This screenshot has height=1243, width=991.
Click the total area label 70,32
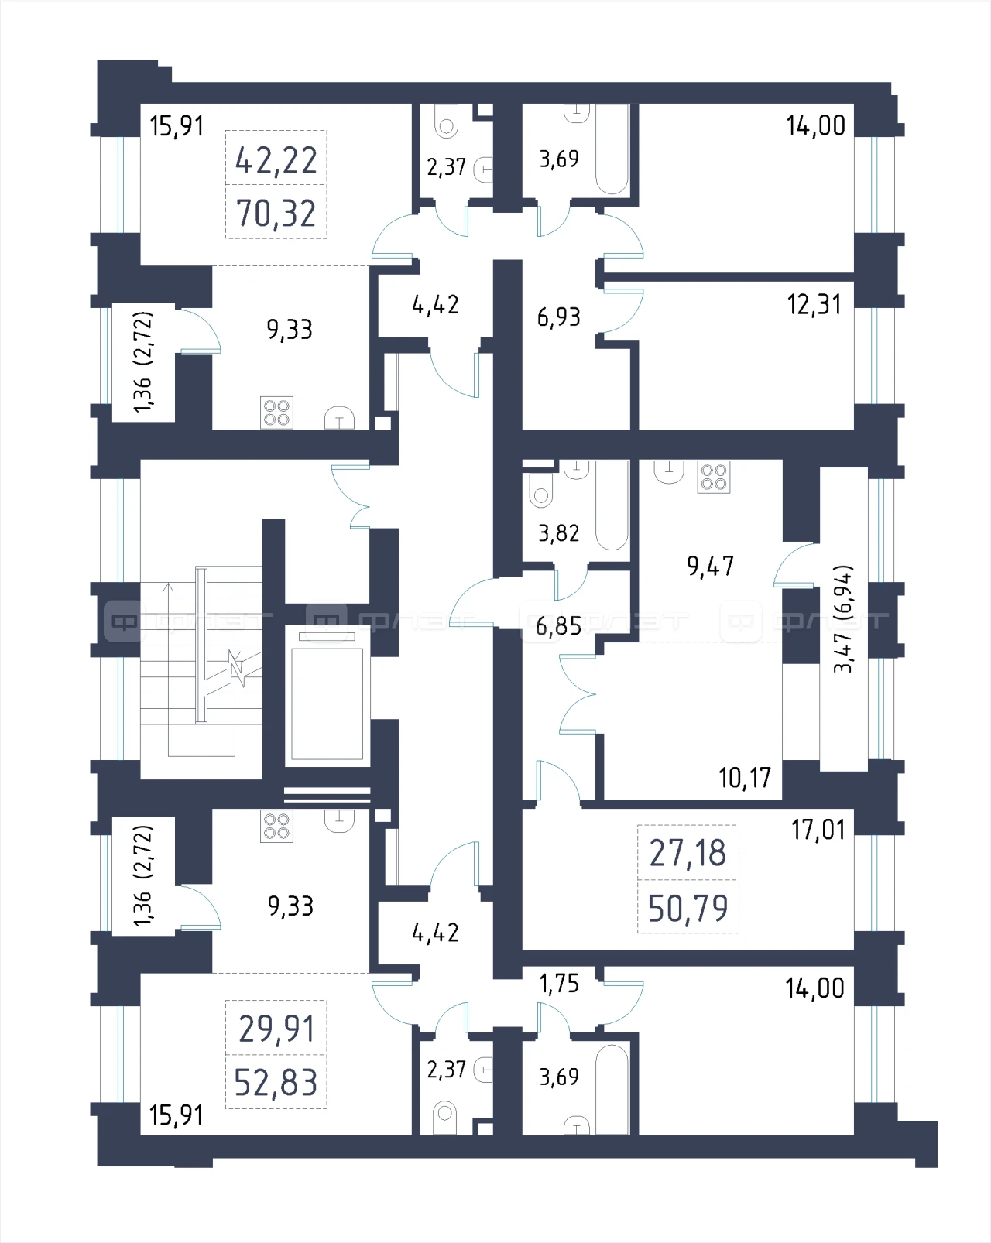276,213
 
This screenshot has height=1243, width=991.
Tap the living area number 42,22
276,160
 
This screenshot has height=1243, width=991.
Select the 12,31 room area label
814,305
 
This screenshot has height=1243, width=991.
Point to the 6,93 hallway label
559,317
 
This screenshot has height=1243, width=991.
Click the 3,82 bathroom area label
559,533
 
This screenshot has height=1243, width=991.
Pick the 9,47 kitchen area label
710,566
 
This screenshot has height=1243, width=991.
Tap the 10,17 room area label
745,778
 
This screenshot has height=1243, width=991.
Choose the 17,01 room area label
818,830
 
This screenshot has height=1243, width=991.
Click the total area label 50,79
688,909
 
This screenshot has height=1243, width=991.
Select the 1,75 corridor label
559,984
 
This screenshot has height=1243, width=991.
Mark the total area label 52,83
276,1083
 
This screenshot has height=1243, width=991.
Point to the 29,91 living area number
276,1029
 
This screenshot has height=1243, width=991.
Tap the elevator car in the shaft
327,704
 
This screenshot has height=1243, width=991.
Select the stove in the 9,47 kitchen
714,477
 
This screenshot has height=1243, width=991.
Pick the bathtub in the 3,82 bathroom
612,505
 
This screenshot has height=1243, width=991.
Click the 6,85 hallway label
558,626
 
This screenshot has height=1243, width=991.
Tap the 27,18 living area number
688,853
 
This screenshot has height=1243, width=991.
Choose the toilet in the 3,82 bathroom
540,491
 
